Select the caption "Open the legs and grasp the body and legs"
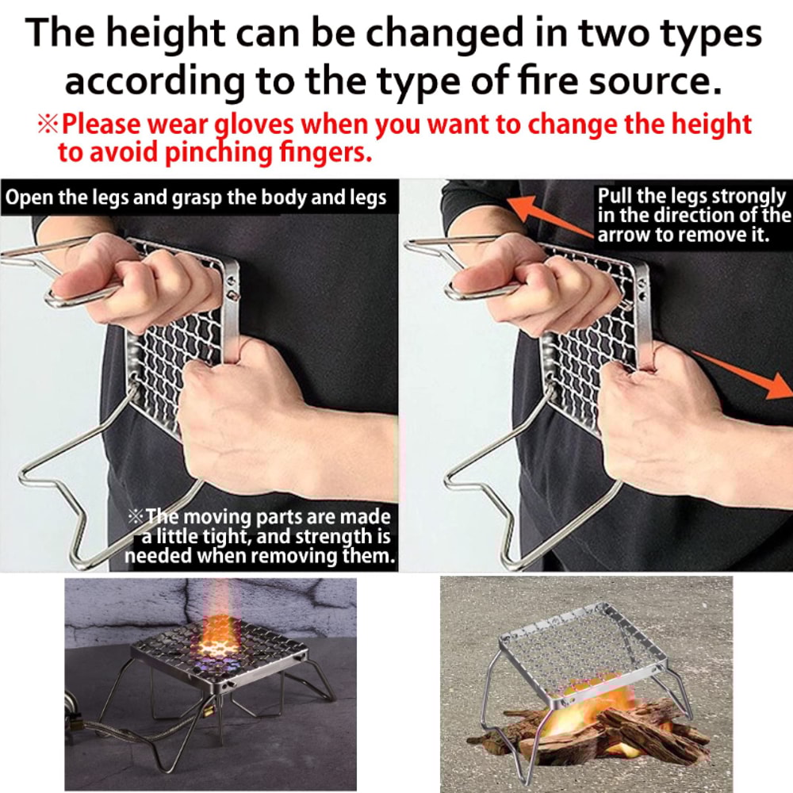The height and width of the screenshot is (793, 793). [x=196, y=197]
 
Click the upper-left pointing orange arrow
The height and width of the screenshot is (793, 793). [x=548, y=215]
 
